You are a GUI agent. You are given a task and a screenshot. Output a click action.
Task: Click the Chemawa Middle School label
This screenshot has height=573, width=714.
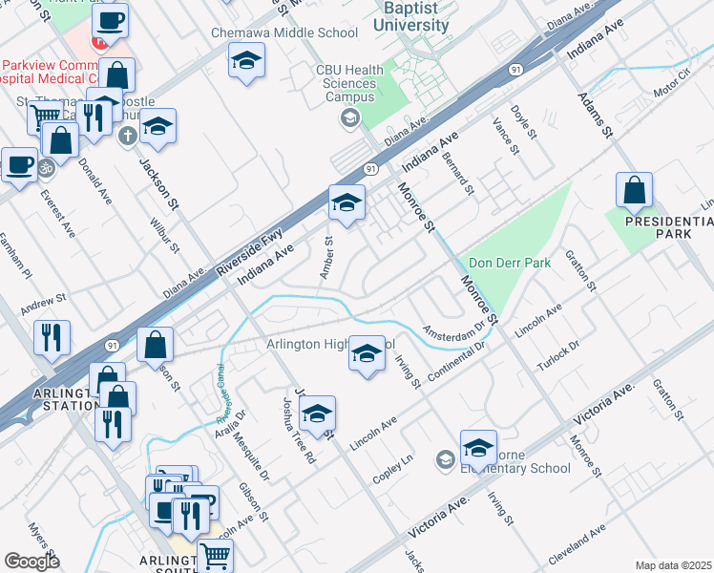[284, 33]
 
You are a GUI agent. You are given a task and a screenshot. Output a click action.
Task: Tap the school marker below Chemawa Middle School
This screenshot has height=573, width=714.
[246, 62]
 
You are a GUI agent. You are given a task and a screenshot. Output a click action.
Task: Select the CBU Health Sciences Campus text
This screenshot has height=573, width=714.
[350, 83]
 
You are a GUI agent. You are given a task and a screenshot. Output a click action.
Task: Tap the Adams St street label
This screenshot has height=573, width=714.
[592, 114]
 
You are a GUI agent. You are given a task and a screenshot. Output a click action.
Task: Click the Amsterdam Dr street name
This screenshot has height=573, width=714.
[454, 332]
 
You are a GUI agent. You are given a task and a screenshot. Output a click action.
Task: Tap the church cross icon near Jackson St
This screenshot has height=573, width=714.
[125, 135]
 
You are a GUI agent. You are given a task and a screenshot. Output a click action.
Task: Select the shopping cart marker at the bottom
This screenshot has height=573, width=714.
[217, 555]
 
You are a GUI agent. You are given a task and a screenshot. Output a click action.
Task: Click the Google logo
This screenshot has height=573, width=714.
[31, 561]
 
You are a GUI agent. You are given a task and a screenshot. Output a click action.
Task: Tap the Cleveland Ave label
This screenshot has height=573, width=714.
[578, 545]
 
